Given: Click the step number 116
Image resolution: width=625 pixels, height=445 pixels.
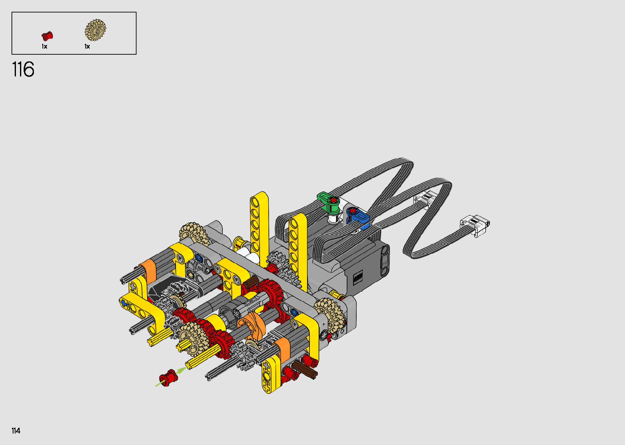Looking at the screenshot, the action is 23,69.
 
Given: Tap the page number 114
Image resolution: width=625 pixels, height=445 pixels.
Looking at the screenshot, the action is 16,431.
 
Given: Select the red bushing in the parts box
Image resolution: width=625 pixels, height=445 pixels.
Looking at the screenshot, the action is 47,36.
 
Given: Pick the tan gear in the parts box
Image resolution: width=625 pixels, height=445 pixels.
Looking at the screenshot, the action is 96,30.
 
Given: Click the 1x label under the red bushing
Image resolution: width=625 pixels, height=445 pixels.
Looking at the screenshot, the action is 44,46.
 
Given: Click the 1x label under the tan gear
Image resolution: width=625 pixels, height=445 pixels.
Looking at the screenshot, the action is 87,46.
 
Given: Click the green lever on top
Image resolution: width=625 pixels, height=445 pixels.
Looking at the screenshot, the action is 328,201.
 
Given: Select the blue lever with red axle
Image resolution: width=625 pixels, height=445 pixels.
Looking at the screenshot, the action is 358,216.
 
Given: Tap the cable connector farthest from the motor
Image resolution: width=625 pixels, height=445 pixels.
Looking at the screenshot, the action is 475,225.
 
